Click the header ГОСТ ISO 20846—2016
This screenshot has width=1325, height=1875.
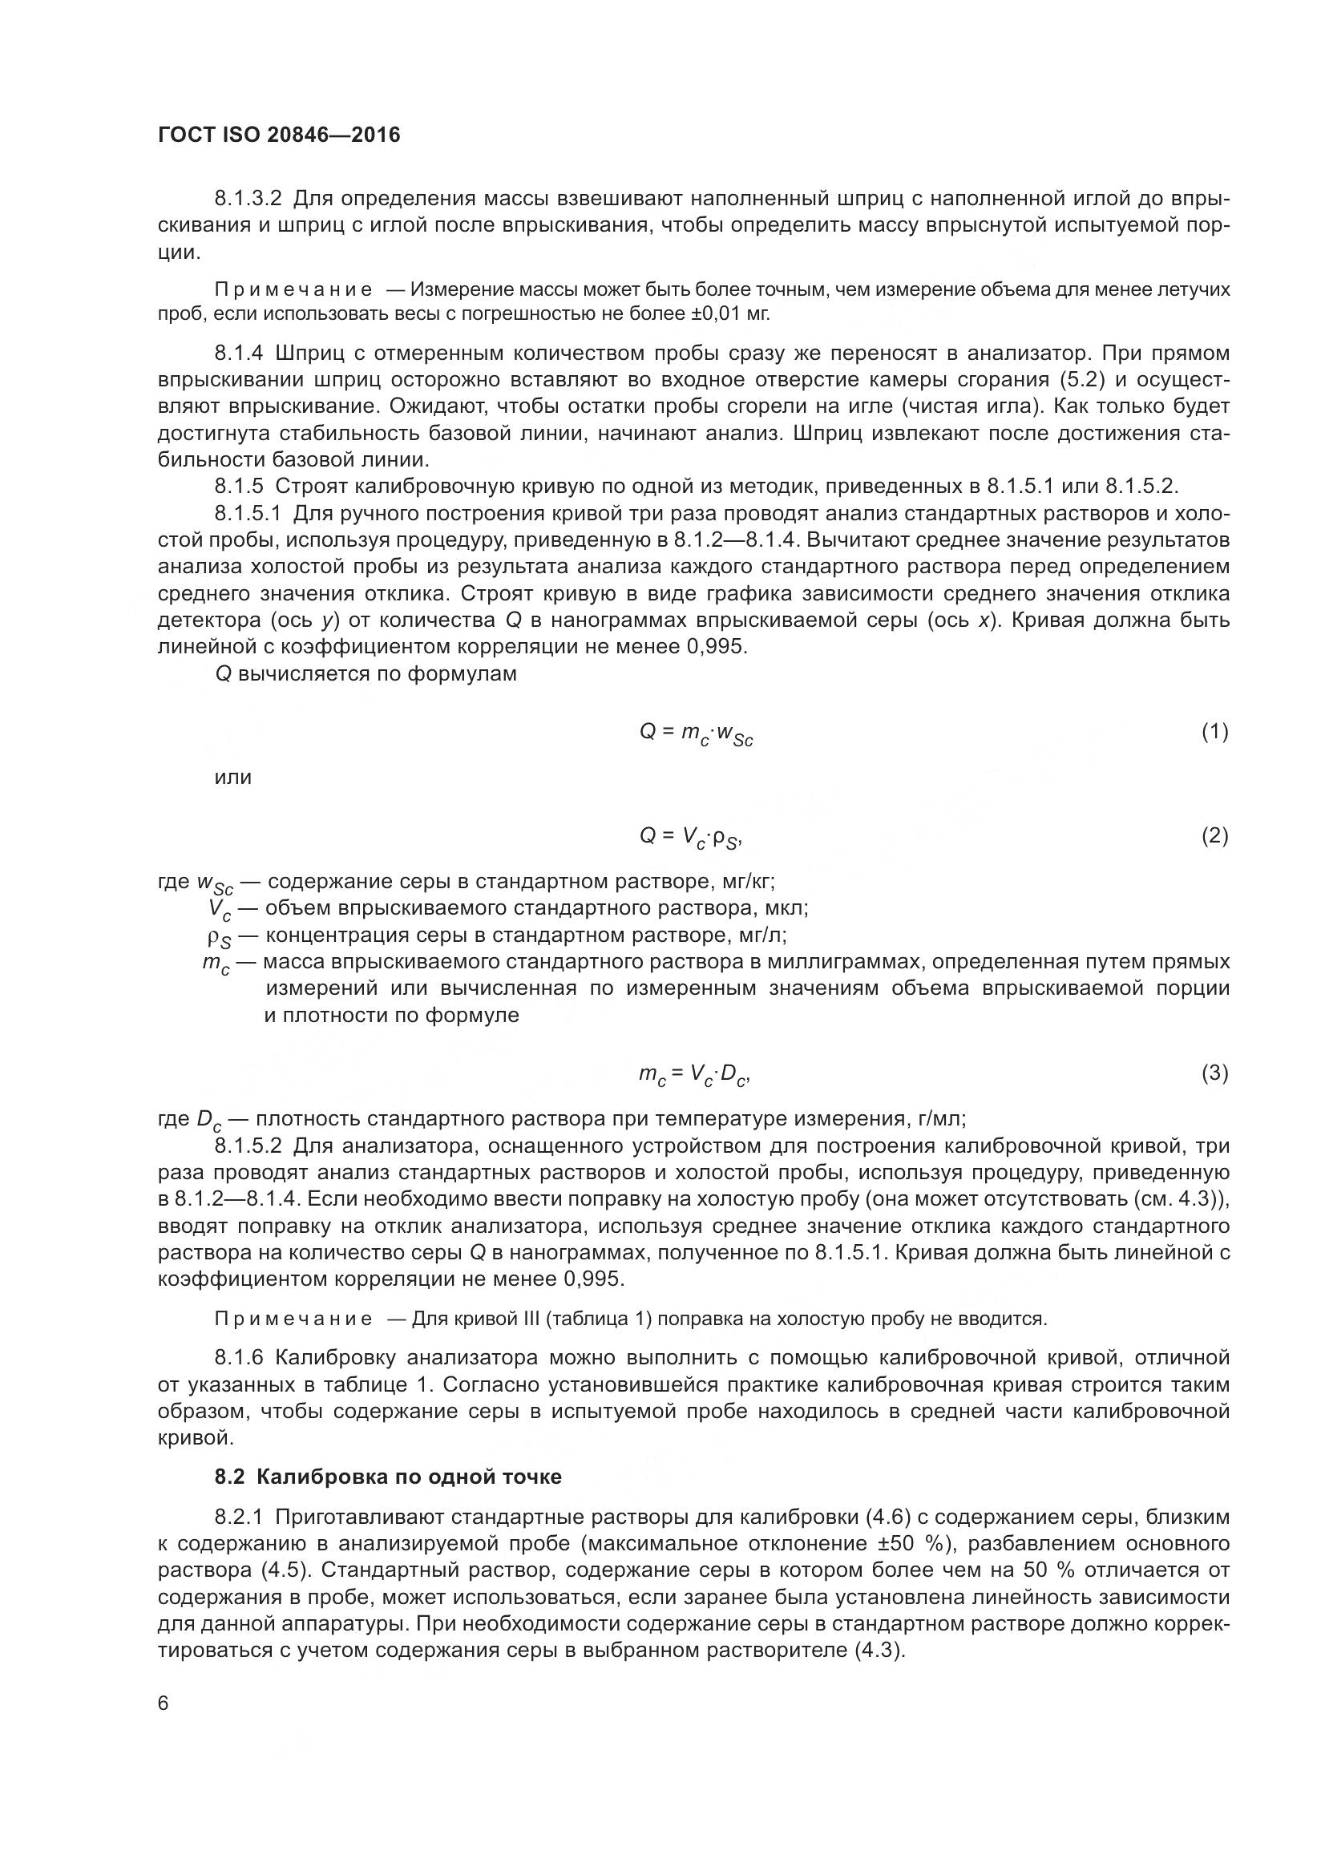279,135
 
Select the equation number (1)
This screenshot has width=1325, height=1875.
1214,732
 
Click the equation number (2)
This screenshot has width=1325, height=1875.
1214,835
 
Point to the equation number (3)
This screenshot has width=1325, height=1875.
1214,1073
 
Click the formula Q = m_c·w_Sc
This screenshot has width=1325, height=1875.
696,734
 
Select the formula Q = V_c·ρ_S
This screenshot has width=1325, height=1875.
690,837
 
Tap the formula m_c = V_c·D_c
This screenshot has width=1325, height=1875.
694,1075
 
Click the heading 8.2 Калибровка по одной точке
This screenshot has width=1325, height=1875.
388,1477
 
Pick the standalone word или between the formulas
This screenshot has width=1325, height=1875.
232,778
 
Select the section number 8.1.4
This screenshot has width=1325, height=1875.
239,353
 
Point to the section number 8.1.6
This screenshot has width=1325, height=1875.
239,1358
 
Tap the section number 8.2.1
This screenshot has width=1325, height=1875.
239,1517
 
